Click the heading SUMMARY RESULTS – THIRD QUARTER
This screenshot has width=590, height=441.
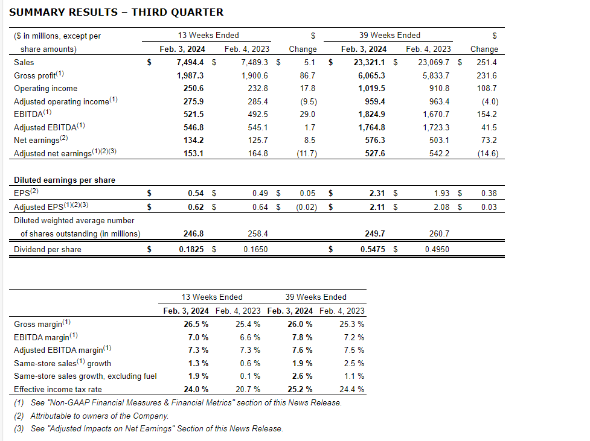pyautogui.click(x=116, y=12)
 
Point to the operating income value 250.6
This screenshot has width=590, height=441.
pyautogui.click(x=191, y=89)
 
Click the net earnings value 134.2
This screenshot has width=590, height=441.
pyautogui.click(x=191, y=141)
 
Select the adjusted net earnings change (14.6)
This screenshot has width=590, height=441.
pyautogui.click(x=486, y=154)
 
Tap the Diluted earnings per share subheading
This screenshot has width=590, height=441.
pyautogui.click(x=64, y=180)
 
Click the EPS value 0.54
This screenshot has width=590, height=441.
pyautogui.click(x=195, y=194)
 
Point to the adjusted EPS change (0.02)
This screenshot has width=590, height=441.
pyautogui.click(x=304, y=208)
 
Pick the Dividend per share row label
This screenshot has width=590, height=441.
pyautogui.click(x=47, y=249)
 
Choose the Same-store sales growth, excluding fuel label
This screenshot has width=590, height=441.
pyautogui.click(x=85, y=376)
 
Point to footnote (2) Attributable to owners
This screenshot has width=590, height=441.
pyautogui.click(x=91, y=416)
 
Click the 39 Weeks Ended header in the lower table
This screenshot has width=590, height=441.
pyautogui.click(x=316, y=297)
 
